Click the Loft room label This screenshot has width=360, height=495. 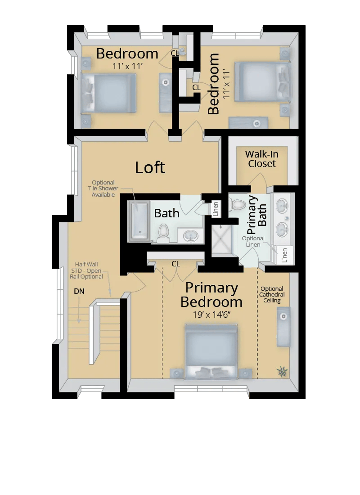click(150, 167)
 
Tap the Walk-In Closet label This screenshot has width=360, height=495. click(261, 159)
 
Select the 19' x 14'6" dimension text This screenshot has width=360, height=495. click(211, 315)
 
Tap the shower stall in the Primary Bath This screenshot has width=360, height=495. click(223, 240)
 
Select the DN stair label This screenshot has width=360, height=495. click(79, 292)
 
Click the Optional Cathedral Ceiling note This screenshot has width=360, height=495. click(272, 295)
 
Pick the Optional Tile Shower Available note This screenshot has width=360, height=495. click(103, 189)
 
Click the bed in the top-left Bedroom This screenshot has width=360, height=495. click(108, 93)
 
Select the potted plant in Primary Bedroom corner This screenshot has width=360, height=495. click(282, 371)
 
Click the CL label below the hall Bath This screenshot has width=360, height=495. click(175, 264)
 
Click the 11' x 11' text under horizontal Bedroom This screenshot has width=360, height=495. click(127, 66)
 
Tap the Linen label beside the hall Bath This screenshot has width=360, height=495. click(216, 209)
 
